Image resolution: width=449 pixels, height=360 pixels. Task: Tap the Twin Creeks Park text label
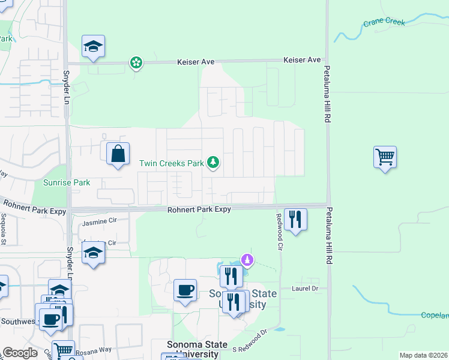[x=172, y=163]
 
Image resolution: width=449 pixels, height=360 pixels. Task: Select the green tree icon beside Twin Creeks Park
[x=212, y=162]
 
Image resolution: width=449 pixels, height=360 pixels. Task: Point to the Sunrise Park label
[x=66, y=182]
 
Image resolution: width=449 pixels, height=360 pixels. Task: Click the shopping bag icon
[x=118, y=154]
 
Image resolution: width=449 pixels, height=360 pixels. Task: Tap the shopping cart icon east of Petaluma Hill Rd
[x=385, y=157]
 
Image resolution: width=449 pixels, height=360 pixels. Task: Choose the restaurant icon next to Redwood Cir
[x=295, y=219]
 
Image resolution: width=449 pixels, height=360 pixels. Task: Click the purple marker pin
[x=247, y=260]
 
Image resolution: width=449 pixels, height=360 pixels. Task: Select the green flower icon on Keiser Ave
[x=136, y=62]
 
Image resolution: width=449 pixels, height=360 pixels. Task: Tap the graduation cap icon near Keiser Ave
[x=93, y=46]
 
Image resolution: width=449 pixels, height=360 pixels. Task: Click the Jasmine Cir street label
[x=97, y=221]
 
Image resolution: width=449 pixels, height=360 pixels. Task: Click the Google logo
[x=20, y=353]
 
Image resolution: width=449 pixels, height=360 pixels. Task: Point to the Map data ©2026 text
[x=423, y=355]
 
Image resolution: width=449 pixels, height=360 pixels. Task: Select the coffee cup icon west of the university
[x=185, y=290]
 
